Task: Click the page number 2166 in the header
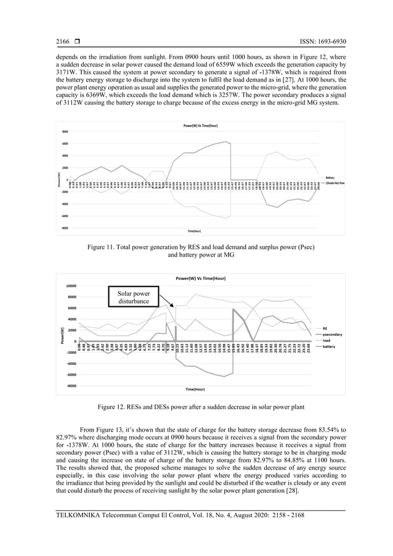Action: click(63, 42)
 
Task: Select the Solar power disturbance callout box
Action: click(134, 297)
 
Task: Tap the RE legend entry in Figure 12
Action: click(325, 329)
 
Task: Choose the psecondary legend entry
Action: click(333, 335)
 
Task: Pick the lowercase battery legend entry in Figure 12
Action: click(330, 346)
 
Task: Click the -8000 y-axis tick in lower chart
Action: click(71, 386)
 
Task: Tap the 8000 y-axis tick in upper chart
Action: click(65, 132)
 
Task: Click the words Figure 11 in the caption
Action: click(102, 247)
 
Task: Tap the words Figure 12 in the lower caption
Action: click(113, 407)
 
